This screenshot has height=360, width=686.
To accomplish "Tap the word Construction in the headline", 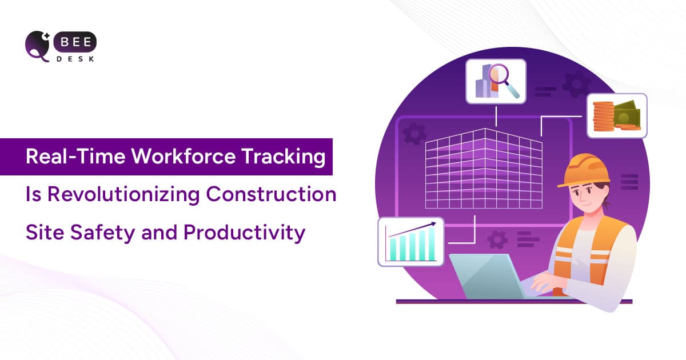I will pos(271,195).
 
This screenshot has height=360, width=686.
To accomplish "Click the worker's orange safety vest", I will pos(589,251).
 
